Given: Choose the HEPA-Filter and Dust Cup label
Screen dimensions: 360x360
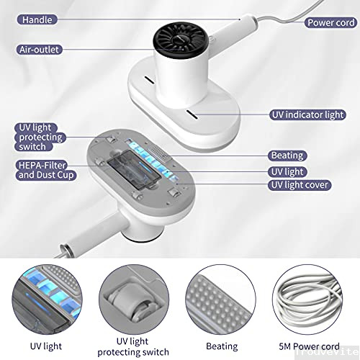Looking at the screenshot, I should click(x=45, y=170).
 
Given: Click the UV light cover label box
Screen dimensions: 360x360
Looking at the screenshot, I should click(x=300, y=185).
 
